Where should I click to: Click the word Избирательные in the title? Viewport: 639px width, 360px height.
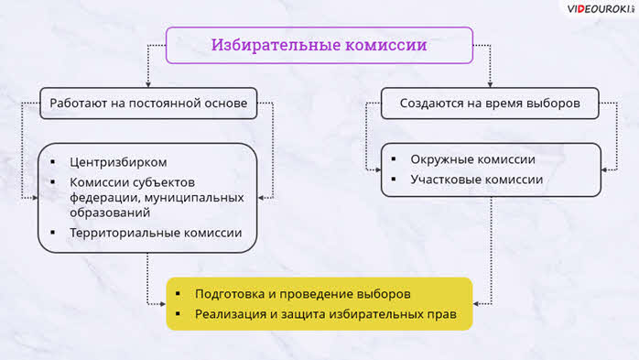276,45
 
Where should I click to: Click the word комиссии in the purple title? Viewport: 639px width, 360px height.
386,45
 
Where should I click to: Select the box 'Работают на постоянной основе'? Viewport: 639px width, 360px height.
148,104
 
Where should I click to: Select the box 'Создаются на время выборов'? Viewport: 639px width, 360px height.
490,104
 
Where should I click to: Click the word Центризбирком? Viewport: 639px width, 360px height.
118,163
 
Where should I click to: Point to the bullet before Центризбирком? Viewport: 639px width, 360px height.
52,162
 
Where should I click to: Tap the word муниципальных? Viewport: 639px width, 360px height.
194,198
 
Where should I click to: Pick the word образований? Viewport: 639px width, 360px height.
110,213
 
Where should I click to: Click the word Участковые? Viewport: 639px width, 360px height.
443,180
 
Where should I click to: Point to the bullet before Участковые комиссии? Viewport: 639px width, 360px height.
394,179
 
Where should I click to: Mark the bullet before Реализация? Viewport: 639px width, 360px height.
178,313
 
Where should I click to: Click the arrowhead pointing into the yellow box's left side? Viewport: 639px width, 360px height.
163,304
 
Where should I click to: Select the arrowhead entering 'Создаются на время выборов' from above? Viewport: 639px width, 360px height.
491,85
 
